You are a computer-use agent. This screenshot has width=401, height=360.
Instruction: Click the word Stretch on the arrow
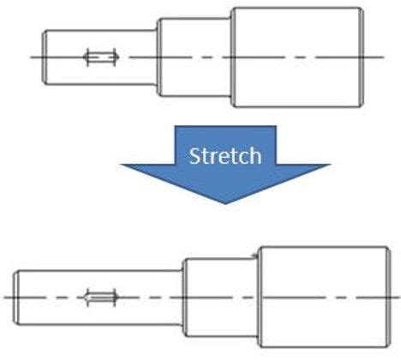pos(225,156)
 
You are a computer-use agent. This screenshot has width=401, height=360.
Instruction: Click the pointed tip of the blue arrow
pos(225,204)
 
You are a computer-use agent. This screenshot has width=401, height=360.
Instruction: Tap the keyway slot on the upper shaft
pos(101,57)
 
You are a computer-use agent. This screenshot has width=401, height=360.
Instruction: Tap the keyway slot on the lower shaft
pos(101,297)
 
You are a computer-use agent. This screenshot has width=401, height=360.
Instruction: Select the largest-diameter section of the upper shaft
pos(297,57)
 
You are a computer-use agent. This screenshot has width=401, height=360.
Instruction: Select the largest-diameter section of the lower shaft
pos(324,297)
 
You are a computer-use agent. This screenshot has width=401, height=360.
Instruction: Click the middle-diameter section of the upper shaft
pos(195,57)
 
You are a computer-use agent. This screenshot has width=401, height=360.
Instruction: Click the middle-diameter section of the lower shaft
pos(220,297)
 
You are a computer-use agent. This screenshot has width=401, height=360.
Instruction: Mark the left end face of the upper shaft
pos(44,57)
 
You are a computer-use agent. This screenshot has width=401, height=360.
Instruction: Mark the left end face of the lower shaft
pos(15,297)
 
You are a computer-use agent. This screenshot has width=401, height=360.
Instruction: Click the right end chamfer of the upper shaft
pos(362,57)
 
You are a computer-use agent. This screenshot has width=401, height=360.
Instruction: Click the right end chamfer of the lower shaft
pos(389,297)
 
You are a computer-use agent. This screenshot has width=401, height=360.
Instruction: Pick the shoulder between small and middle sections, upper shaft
pos(158,57)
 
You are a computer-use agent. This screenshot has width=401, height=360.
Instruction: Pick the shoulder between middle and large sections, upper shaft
pos(231,57)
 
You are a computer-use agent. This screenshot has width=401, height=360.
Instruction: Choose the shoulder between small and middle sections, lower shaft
pos(183,297)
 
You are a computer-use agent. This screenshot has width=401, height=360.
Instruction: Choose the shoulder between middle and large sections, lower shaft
pos(259,297)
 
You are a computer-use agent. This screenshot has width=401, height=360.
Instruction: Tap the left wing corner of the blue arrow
pos(120,165)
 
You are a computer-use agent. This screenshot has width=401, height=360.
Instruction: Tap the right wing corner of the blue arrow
pos(331,165)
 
